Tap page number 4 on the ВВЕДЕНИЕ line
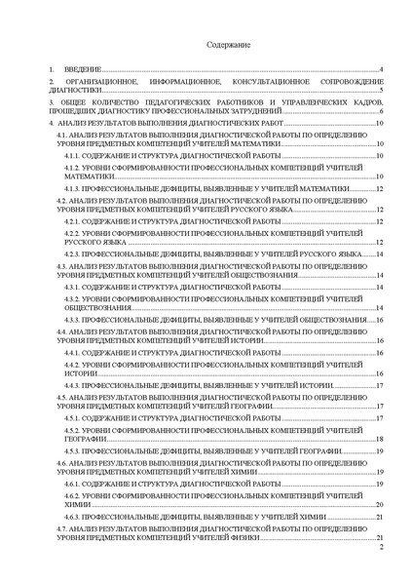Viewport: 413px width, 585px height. pos(381,70)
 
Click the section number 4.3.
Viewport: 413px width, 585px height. pos(62,266)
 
